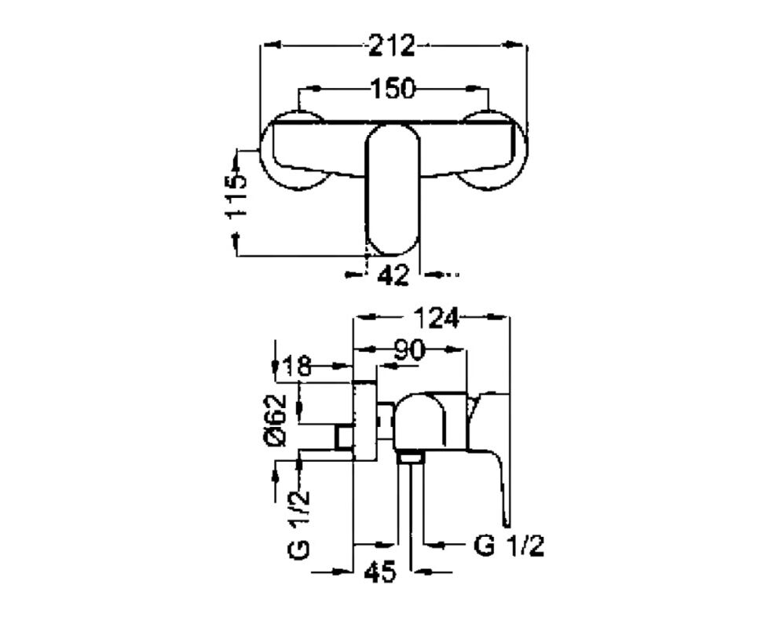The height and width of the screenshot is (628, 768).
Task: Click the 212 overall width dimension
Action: pyautogui.click(x=392, y=45)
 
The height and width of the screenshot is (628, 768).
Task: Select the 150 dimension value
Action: pyautogui.click(x=393, y=89)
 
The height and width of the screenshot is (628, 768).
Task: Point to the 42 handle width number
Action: pyautogui.click(x=393, y=276)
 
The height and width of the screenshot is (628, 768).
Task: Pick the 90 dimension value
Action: pyautogui.click(x=409, y=350)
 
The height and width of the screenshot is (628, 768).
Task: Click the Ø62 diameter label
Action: pyautogui.click(x=276, y=419)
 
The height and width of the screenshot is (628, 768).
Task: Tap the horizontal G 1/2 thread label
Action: pyautogui.click(x=509, y=545)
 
